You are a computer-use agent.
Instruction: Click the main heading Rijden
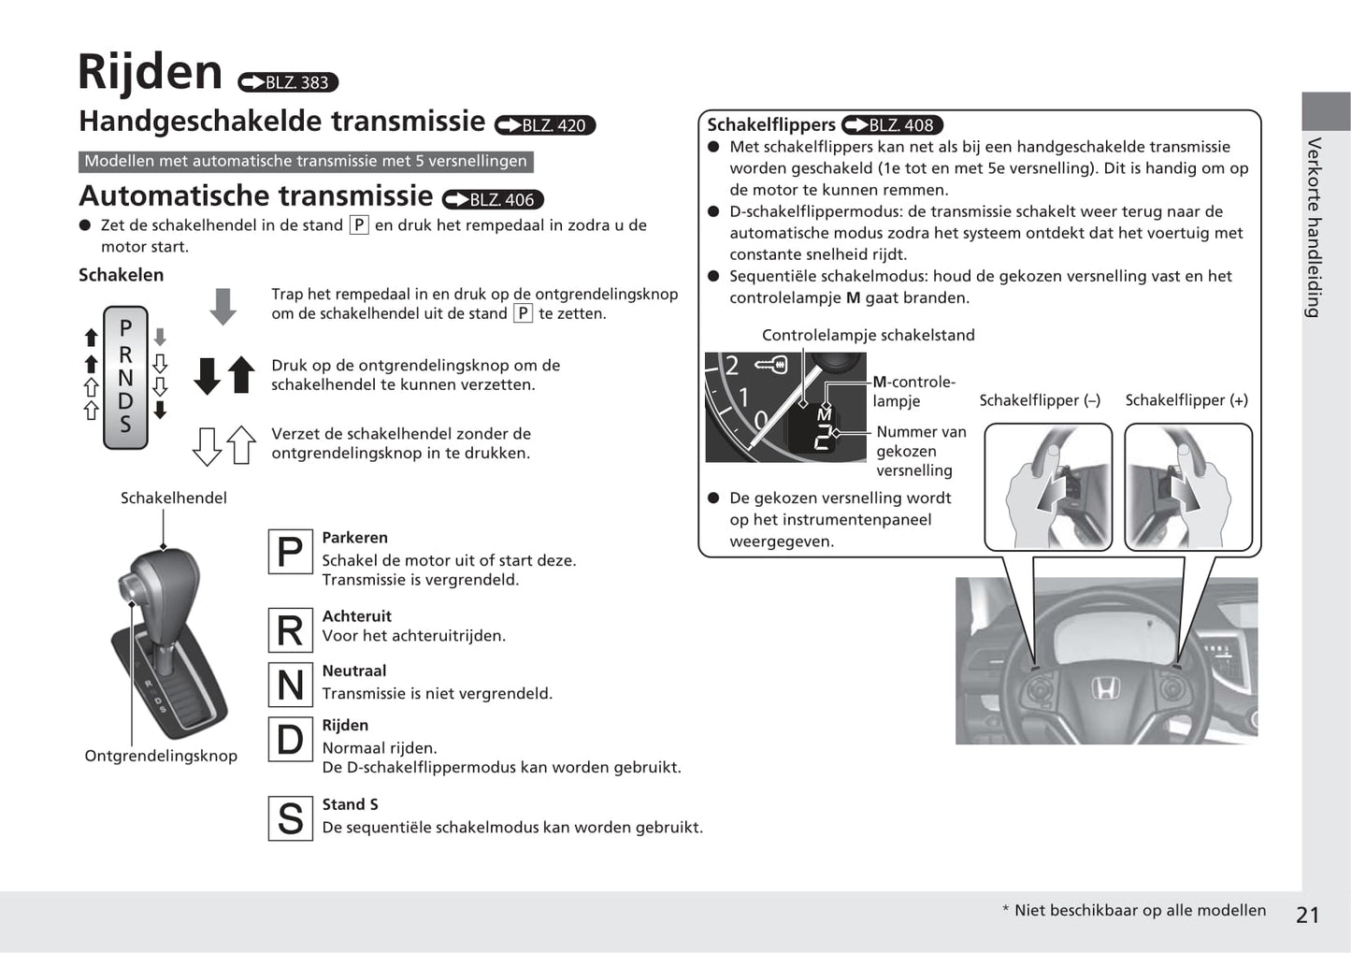(x=150, y=72)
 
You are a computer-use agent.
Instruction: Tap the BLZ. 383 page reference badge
(x=288, y=82)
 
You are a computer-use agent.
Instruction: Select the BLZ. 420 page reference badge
(x=545, y=125)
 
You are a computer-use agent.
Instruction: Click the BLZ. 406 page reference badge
(x=493, y=199)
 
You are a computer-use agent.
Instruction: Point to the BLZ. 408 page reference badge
(x=892, y=125)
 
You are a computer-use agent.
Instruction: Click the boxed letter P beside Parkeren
(x=290, y=552)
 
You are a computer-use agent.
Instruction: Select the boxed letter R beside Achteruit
(x=290, y=630)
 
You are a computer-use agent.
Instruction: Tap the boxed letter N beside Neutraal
(x=290, y=686)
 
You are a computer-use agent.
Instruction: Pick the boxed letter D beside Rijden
(x=290, y=740)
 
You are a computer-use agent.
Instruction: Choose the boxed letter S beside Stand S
(x=290, y=818)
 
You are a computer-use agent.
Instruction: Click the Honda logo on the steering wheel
(x=1104, y=689)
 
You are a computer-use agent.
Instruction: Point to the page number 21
(x=1307, y=915)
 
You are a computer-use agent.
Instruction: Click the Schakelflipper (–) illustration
(x=1048, y=486)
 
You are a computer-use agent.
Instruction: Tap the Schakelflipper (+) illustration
(x=1187, y=486)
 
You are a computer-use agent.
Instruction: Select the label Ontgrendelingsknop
(x=161, y=756)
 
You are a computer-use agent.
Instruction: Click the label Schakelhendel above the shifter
(x=174, y=498)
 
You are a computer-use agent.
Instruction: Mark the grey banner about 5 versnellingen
(x=306, y=161)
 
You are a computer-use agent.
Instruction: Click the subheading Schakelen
(x=121, y=275)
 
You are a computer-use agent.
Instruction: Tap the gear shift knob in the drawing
(x=161, y=585)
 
